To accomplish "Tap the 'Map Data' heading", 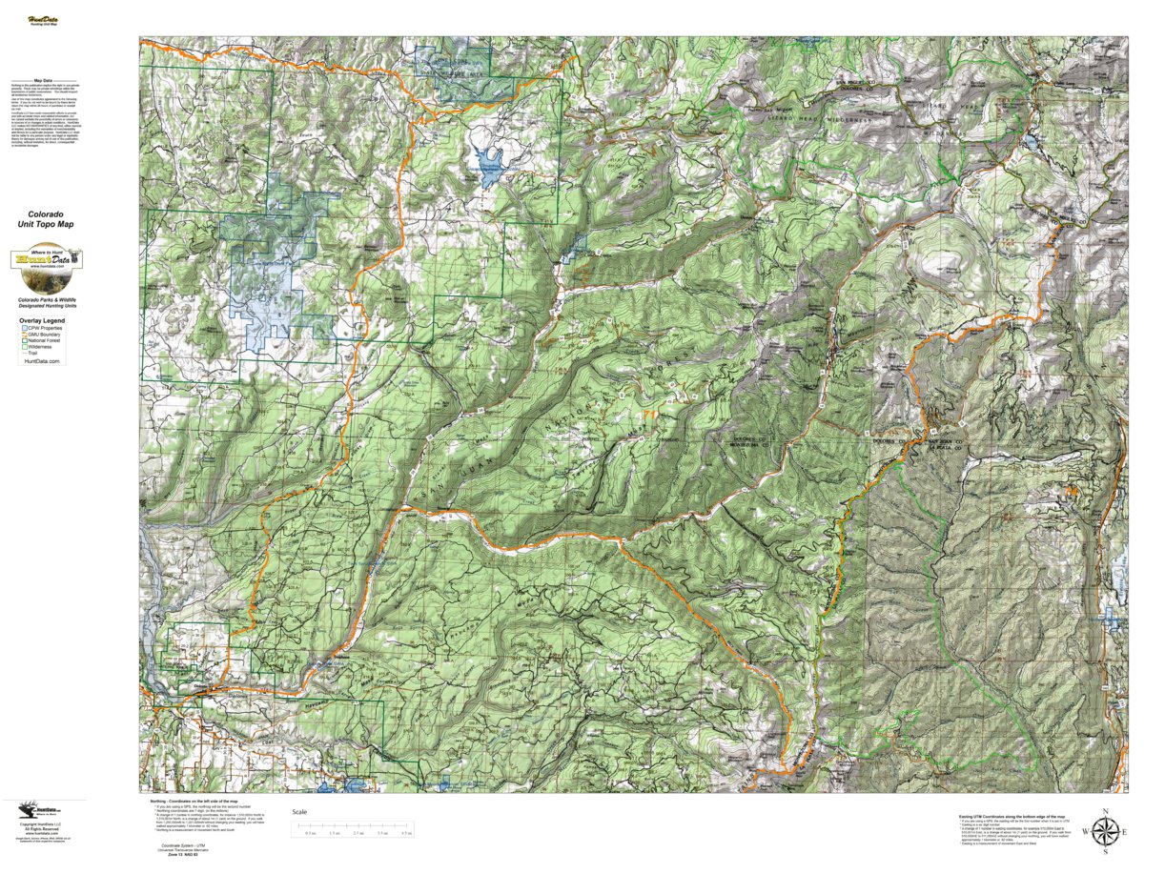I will click(x=43, y=81).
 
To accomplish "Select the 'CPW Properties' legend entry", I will click(x=44, y=328).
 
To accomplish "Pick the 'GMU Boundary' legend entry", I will click(x=44, y=335).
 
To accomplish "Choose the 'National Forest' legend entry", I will click(x=44, y=341).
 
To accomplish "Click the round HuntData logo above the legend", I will click(x=46, y=261).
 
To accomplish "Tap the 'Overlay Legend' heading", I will click(x=41, y=321).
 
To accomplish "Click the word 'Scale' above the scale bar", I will click(x=299, y=811).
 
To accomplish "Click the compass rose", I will click(x=1105, y=832).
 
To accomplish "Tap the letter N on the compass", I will click(x=1105, y=811).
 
